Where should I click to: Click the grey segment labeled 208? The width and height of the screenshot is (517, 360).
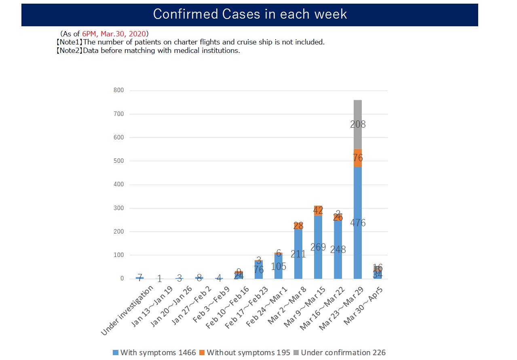click(x=358, y=124)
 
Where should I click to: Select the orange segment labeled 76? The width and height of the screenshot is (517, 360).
click(x=358, y=158)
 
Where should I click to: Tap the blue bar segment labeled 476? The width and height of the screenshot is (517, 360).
click(x=358, y=223)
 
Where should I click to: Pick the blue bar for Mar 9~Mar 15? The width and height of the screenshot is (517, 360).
click(x=318, y=247)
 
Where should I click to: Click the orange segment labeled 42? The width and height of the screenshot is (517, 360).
click(x=318, y=210)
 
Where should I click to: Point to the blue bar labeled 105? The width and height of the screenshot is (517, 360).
click(x=279, y=267)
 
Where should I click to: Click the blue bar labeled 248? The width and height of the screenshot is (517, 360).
click(x=338, y=250)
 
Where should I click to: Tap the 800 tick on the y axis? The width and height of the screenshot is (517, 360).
click(x=118, y=91)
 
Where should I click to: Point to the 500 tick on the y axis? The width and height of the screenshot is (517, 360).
click(x=118, y=161)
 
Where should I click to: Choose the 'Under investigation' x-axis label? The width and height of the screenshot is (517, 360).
click(x=128, y=310)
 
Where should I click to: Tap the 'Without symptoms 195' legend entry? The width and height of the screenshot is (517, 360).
click(x=245, y=352)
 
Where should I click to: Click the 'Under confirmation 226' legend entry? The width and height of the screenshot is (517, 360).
click(x=339, y=352)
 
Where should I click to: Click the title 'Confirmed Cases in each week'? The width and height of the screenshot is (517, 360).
click(x=250, y=14)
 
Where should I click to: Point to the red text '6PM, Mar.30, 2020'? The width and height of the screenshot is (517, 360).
click(x=115, y=34)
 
